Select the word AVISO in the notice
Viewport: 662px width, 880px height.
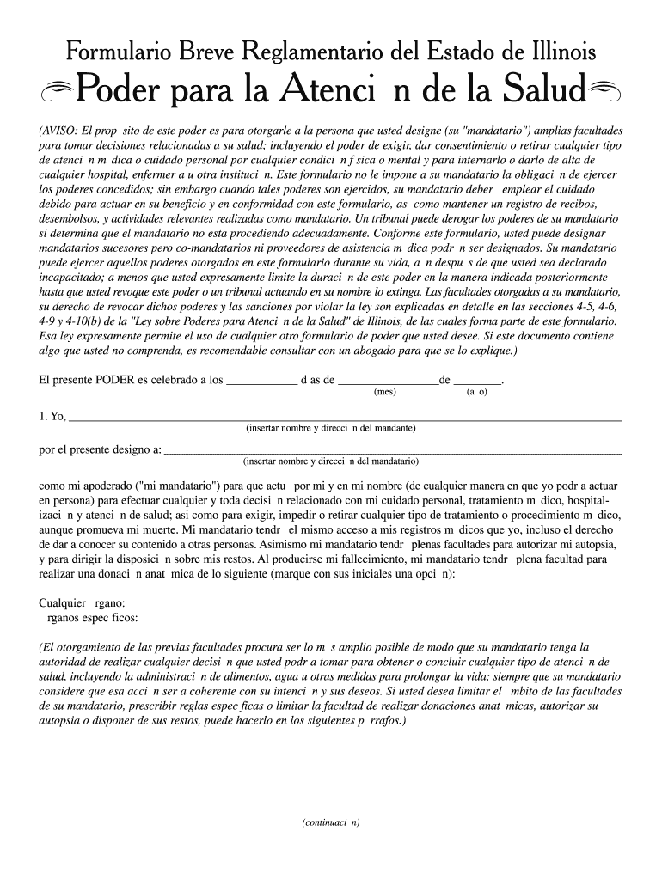(61, 131)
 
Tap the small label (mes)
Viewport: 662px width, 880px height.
(384, 392)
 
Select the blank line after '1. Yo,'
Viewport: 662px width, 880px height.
(344, 419)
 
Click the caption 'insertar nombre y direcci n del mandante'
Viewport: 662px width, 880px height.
(331, 428)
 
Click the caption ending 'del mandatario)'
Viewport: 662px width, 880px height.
(331, 461)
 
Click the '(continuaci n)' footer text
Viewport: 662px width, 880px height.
(331, 822)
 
